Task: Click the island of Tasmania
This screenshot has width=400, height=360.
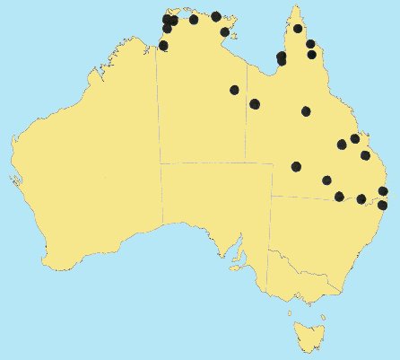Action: pyautogui.click(x=307, y=334)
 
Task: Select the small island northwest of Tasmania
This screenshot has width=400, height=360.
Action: pyautogui.click(x=290, y=312)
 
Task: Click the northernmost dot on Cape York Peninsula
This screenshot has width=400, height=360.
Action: pyautogui.click(x=298, y=29)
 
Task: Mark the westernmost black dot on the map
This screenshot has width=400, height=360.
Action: pyautogui.click(x=163, y=45)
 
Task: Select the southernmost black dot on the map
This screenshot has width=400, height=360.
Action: pyautogui.click(x=382, y=206)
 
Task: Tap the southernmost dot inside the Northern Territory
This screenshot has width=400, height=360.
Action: pyautogui.click(x=234, y=90)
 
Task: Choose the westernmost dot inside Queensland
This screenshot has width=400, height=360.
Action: pyautogui.click(x=255, y=104)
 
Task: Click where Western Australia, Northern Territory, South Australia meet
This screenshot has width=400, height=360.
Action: pyautogui.click(x=161, y=163)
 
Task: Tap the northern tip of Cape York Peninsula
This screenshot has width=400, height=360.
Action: pyautogui.click(x=293, y=9)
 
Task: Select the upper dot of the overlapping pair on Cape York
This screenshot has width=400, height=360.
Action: pyautogui.click(x=282, y=57)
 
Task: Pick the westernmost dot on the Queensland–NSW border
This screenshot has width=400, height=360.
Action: pyautogui.click(x=339, y=197)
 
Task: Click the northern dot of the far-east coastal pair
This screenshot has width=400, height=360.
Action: pyautogui.click(x=383, y=191)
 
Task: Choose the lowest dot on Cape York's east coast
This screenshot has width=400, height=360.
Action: pyautogui.click(x=312, y=55)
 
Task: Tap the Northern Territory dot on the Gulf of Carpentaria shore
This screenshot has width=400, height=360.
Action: pyautogui.click(x=224, y=32)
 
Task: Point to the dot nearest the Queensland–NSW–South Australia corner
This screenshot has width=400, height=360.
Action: pyautogui.click(x=296, y=166)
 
